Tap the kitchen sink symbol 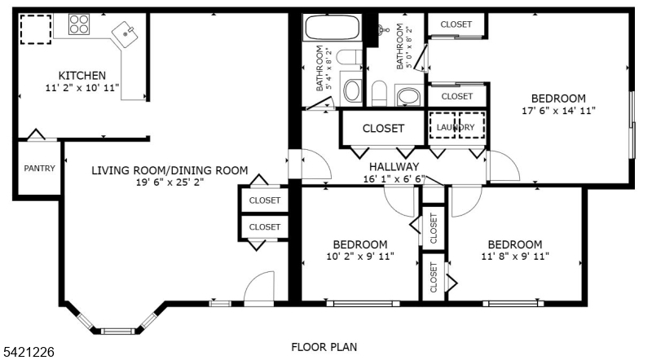pyautogui.click(x=126, y=33)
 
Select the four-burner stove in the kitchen pyautogui.click(x=79, y=25)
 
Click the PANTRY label pyautogui.click(x=38, y=169)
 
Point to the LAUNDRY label pyautogui.click(x=456, y=127)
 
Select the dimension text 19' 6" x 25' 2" pyautogui.click(x=170, y=183)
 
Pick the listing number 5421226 pyautogui.click(x=30, y=352)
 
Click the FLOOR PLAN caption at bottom pyautogui.click(x=324, y=347)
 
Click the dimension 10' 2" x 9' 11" pyautogui.click(x=359, y=257)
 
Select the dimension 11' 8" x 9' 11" pyautogui.click(x=514, y=257)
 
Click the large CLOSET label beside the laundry pyautogui.click(x=383, y=128)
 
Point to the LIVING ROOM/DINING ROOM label pyautogui.click(x=170, y=170)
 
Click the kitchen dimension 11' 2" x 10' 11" pyautogui.click(x=82, y=87)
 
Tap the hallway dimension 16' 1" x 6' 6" pyautogui.click(x=394, y=179)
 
